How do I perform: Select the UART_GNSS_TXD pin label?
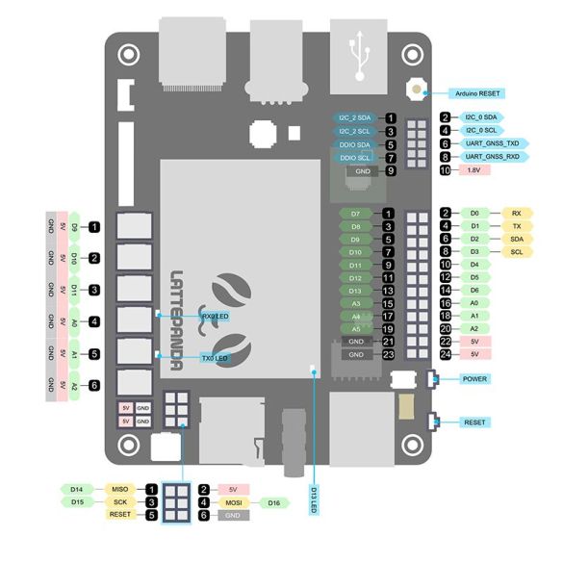coord(492,142)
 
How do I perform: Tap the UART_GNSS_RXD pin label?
coord(492,156)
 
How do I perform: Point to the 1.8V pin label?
coord(473,170)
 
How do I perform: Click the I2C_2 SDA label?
coord(353,117)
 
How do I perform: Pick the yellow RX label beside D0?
coord(517,213)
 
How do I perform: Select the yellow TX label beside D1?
coord(517,226)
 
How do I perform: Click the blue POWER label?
coord(474,378)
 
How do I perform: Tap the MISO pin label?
coord(118,489)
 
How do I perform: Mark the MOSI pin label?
coord(233,502)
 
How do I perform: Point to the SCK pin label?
coord(118,502)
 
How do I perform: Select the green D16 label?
coord(273,502)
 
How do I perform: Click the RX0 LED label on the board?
coord(214,316)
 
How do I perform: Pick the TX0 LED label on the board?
coord(214,357)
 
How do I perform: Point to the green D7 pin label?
coord(355,213)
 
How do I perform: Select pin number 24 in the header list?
coord(446,353)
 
